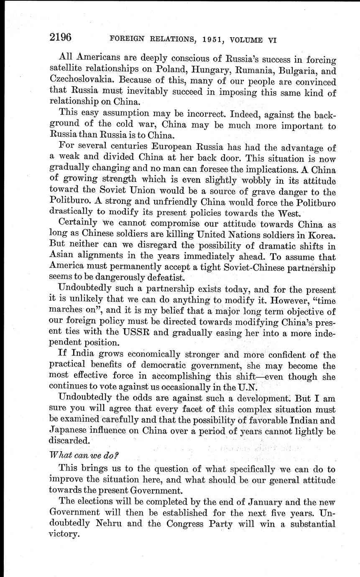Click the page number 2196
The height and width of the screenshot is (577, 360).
click(61, 38)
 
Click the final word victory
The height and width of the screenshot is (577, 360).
click(64, 534)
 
